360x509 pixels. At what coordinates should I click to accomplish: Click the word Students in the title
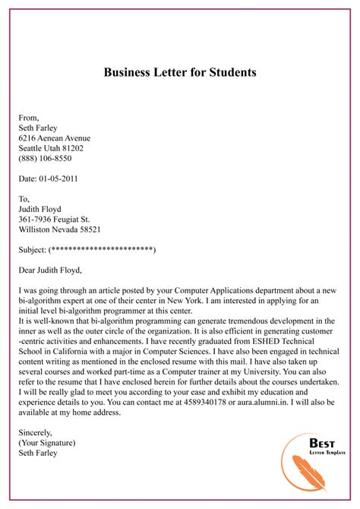(229, 73)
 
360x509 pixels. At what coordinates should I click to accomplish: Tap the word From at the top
(28, 118)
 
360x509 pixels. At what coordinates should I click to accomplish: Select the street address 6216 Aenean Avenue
(54, 138)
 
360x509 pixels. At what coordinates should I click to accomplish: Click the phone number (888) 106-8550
(47, 160)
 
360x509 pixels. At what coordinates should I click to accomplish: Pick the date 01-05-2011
(58, 179)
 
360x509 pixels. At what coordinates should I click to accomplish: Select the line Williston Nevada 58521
(59, 229)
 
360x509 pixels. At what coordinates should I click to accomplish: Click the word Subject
(32, 249)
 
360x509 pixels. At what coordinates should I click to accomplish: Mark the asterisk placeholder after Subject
(102, 249)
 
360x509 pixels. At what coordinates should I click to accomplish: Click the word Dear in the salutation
(27, 269)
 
